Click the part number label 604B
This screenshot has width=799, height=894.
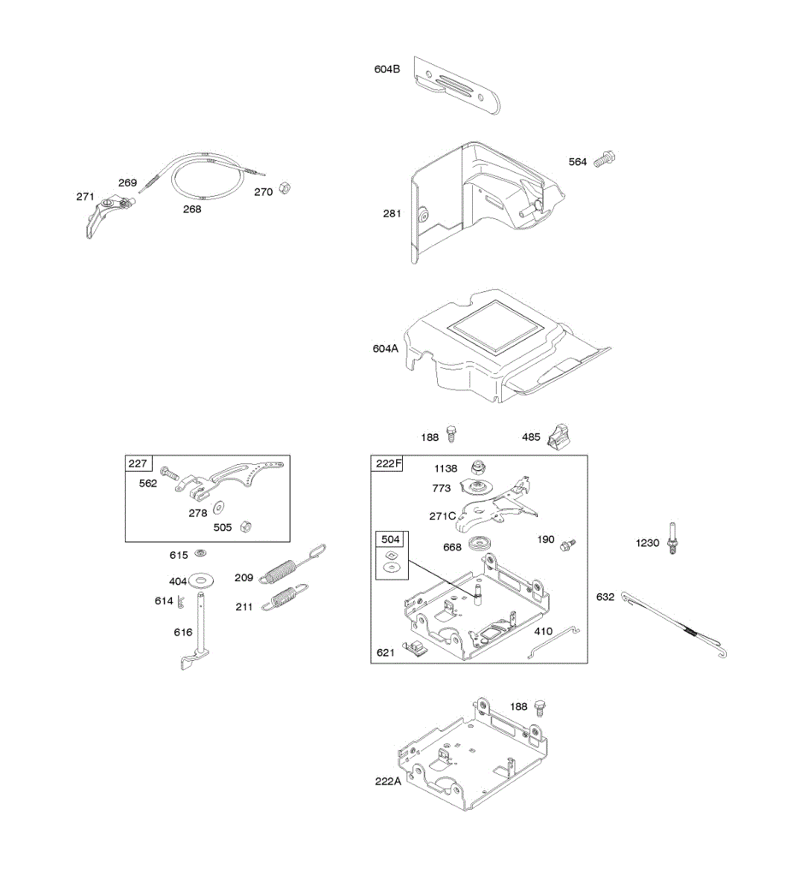386,69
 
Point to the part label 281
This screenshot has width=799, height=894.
392,214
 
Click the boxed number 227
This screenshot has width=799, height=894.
138,463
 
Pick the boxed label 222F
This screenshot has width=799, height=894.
388,463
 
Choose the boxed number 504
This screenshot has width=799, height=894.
390,539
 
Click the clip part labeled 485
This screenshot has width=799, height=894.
558,436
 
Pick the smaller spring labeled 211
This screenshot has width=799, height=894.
287,596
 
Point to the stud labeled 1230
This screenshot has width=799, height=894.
674,538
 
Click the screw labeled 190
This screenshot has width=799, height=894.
568,544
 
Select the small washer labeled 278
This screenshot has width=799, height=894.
219,508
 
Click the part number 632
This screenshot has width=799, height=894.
605,597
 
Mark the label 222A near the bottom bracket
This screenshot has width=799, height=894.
388,781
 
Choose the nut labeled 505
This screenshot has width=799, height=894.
249,526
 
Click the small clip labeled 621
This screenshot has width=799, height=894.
416,648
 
